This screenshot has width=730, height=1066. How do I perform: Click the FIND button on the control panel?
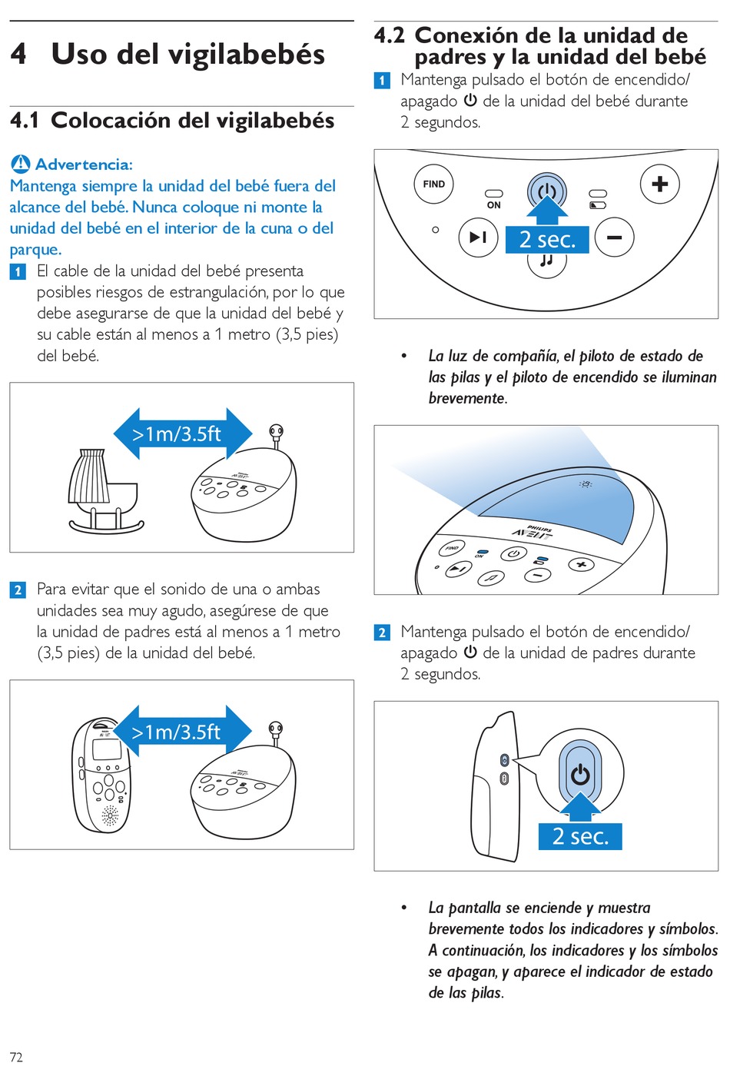[433, 184]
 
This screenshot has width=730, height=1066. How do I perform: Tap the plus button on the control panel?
[659, 184]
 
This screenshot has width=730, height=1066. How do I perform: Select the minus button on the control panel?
[614, 237]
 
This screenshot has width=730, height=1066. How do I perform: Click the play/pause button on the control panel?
[478, 237]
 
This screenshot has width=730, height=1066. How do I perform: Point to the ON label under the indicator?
[493, 205]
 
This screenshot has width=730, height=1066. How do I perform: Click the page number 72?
[16, 1057]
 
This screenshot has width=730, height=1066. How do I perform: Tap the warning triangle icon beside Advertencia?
[21, 164]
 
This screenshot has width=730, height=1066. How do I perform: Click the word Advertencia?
[84, 164]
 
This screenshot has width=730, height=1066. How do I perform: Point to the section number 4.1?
[25, 121]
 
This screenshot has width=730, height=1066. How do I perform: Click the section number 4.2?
[389, 35]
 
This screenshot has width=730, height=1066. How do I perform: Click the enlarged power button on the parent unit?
[580, 774]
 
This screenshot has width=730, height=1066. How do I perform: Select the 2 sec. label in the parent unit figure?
[580, 836]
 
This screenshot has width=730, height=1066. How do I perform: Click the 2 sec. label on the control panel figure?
[547, 240]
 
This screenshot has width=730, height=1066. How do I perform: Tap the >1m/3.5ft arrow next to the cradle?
[182, 434]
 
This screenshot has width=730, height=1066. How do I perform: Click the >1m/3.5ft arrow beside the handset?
[182, 732]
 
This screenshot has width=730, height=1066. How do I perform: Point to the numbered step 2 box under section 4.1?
[18, 590]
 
